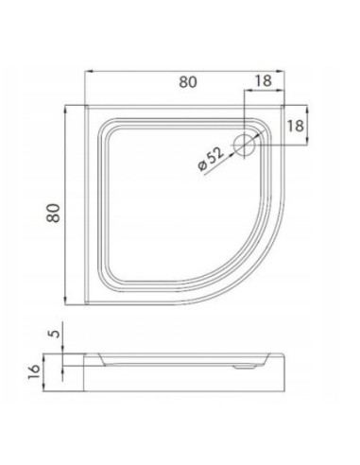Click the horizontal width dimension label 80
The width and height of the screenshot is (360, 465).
pyautogui.click(x=188, y=82)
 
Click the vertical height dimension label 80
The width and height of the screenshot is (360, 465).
pyautogui.click(x=54, y=213)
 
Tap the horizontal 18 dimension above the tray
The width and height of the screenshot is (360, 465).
pyautogui.click(x=263, y=80)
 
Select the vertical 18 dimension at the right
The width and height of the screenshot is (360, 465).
pyautogui.click(x=295, y=126)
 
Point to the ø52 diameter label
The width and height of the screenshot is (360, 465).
pyautogui.click(x=211, y=159)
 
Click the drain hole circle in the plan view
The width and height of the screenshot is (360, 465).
pyautogui.click(x=245, y=145)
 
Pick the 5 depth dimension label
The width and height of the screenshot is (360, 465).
pyautogui.click(x=55, y=334)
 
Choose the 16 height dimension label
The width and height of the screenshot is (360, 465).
pyautogui.click(x=34, y=371)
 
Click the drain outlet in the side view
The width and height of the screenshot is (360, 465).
pyautogui.click(x=244, y=367)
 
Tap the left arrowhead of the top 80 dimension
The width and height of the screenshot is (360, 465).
pyautogui.click(x=89, y=72)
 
